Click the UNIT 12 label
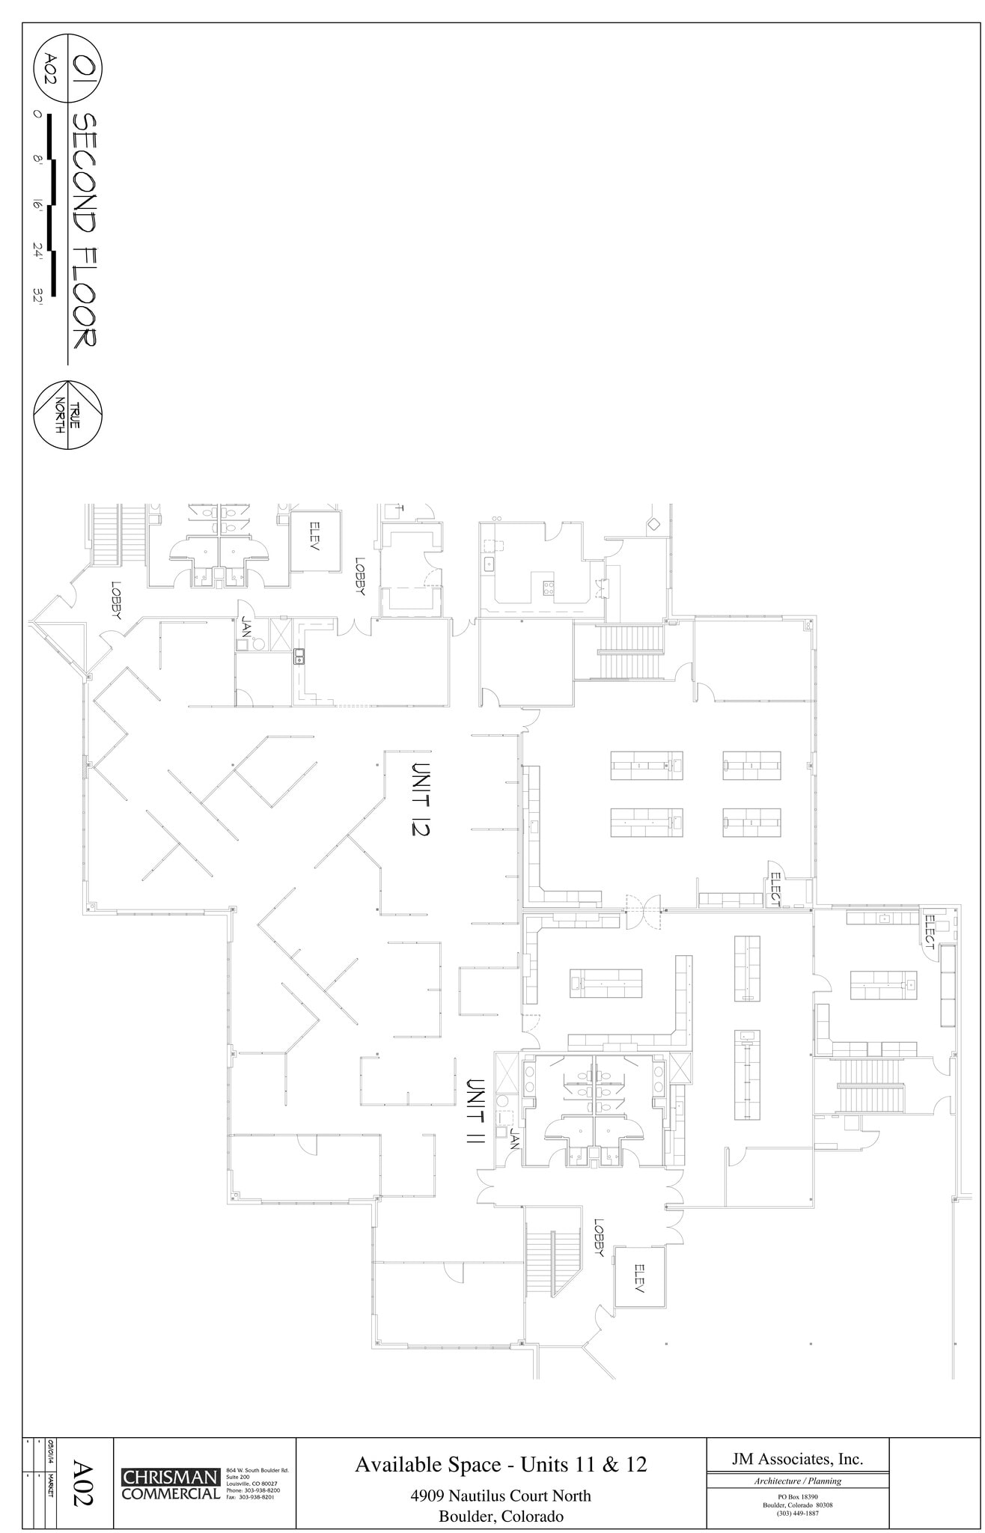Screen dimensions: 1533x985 pos(423,799)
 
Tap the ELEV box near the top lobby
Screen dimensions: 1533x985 pos(315,536)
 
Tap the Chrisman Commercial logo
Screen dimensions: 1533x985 pos(171,1484)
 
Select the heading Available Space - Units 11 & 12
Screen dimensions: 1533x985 pos(501,1463)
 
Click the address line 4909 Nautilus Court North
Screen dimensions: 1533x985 pos(501,1496)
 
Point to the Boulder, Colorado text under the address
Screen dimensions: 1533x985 pos(501,1517)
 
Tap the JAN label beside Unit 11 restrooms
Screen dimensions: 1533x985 pos(514,1139)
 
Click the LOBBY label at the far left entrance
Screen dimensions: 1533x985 pos(116,601)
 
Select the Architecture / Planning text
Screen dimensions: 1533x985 pos(797,1481)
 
